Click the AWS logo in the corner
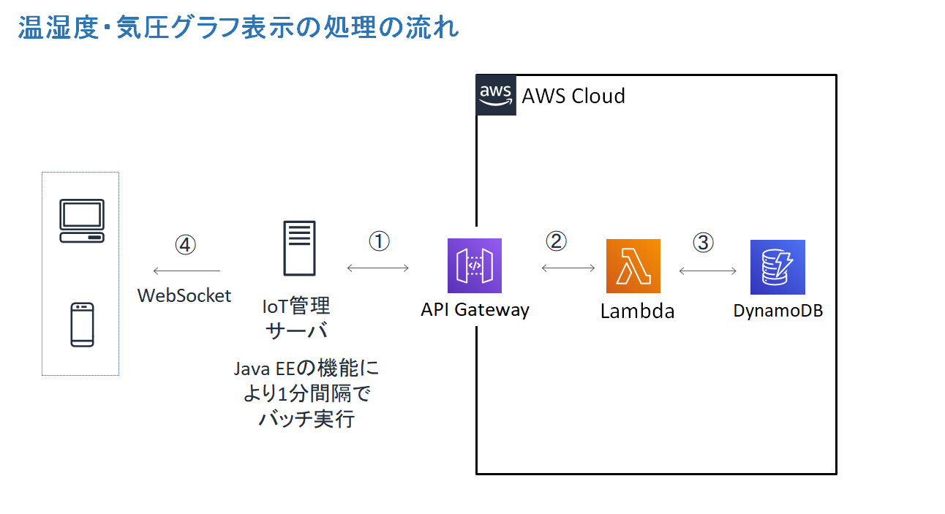click(x=496, y=95)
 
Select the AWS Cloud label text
click(x=573, y=96)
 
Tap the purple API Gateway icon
click(x=475, y=265)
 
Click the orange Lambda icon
click(x=633, y=266)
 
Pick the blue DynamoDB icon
click(x=778, y=267)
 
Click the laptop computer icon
click(x=82, y=221)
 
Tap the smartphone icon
click(x=82, y=325)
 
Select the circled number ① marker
click(x=379, y=242)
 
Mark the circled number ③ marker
click(x=703, y=242)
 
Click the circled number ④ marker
click(x=185, y=244)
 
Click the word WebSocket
click(x=184, y=295)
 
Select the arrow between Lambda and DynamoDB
click(x=708, y=271)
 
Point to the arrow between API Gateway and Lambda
click(x=568, y=268)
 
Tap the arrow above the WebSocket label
click(x=186, y=271)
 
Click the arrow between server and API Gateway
click(x=378, y=268)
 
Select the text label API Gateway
click(x=475, y=309)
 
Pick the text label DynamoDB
click(x=778, y=310)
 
